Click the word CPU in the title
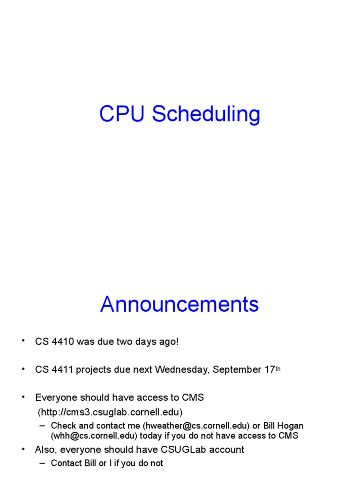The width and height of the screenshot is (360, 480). (x=121, y=113)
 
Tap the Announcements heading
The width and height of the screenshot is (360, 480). (x=180, y=304)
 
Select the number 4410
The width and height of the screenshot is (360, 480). (x=63, y=341)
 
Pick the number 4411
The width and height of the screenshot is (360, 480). (x=62, y=369)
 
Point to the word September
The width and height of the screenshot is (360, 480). (x=237, y=370)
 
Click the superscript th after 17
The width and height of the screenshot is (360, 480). (x=278, y=369)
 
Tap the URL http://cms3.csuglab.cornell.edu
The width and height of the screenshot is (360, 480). (x=110, y=412)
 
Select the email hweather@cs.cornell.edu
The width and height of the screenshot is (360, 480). (x=196, y=426)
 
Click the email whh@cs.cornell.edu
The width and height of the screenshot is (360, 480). (x=94, y=435)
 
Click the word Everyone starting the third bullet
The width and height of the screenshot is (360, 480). (x=56, y=397)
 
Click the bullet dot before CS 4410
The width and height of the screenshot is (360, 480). (x=23, y=340)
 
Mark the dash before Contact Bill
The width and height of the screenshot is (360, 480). (x=42, y=463)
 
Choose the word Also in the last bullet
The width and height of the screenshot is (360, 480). (x=46, y=450)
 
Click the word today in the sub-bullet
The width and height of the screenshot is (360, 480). (x=150, y=436)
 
